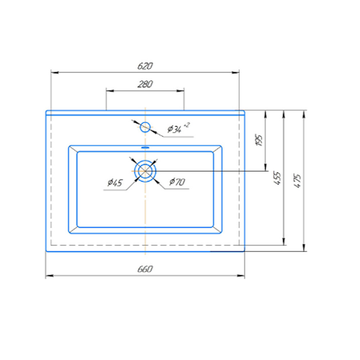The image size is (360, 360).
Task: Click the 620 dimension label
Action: [x=145, y=66]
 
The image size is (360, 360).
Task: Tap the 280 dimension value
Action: [x=145, y=84]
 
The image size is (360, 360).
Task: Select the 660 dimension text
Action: [x=145, y=269]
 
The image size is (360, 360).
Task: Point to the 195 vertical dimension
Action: [x=259, y=140]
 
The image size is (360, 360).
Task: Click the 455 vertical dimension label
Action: [x=277, y=178]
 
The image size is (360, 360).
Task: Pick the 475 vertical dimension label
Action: [x=298, y=181]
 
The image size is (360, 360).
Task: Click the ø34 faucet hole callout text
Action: [x=175, y=129]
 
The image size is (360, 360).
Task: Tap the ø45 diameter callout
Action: [x=115, y=183]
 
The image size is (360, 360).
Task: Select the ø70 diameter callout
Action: [x=177, y=182]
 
